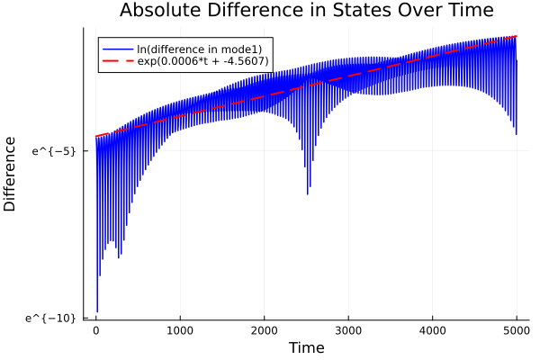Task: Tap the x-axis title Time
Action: [306, 347]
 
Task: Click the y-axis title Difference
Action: [11, 174]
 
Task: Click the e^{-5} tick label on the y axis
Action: [54, 151]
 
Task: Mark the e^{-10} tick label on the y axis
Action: [51, 317]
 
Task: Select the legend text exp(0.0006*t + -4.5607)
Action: [202, 61]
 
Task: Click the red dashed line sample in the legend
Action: [116, 61]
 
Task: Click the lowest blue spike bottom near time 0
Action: [97, 311]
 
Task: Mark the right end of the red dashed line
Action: [517, 37]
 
